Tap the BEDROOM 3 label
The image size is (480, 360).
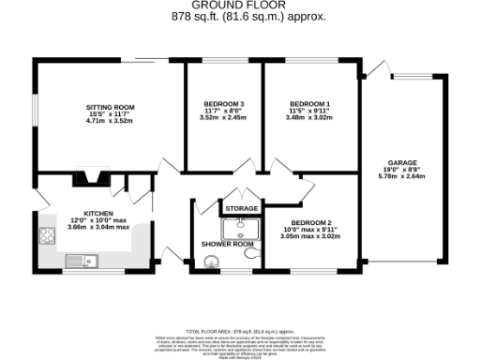pos(224,103)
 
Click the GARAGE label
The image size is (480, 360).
pos(402,162)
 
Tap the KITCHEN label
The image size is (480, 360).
pos(98,214)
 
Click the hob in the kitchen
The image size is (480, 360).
pos(48,236)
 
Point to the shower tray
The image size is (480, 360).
pos(239,229)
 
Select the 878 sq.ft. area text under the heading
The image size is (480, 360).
pos(240,17)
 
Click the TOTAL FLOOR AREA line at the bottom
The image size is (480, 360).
pos(240,332)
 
